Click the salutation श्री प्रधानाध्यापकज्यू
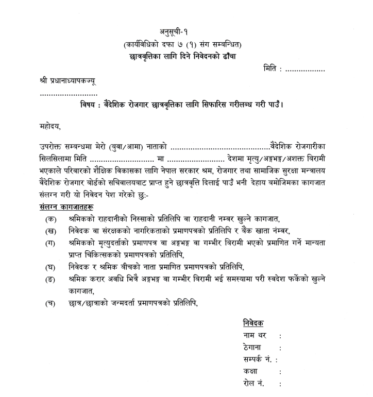pyautogui.click(x=67, y=81)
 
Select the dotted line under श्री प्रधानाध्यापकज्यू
pyautogui.click(x=69, y=94)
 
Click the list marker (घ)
pyautogui.click(x=51, y=267)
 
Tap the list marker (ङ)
pyautogui.click(x=51, y=279)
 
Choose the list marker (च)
pyautogui.click(x=51, y=303)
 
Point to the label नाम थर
pyautogui.click(x=255, y=336)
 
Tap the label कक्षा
pyautogui.click(x=251, y=371)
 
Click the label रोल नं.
pyautogui.click(x=253, y=384)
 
